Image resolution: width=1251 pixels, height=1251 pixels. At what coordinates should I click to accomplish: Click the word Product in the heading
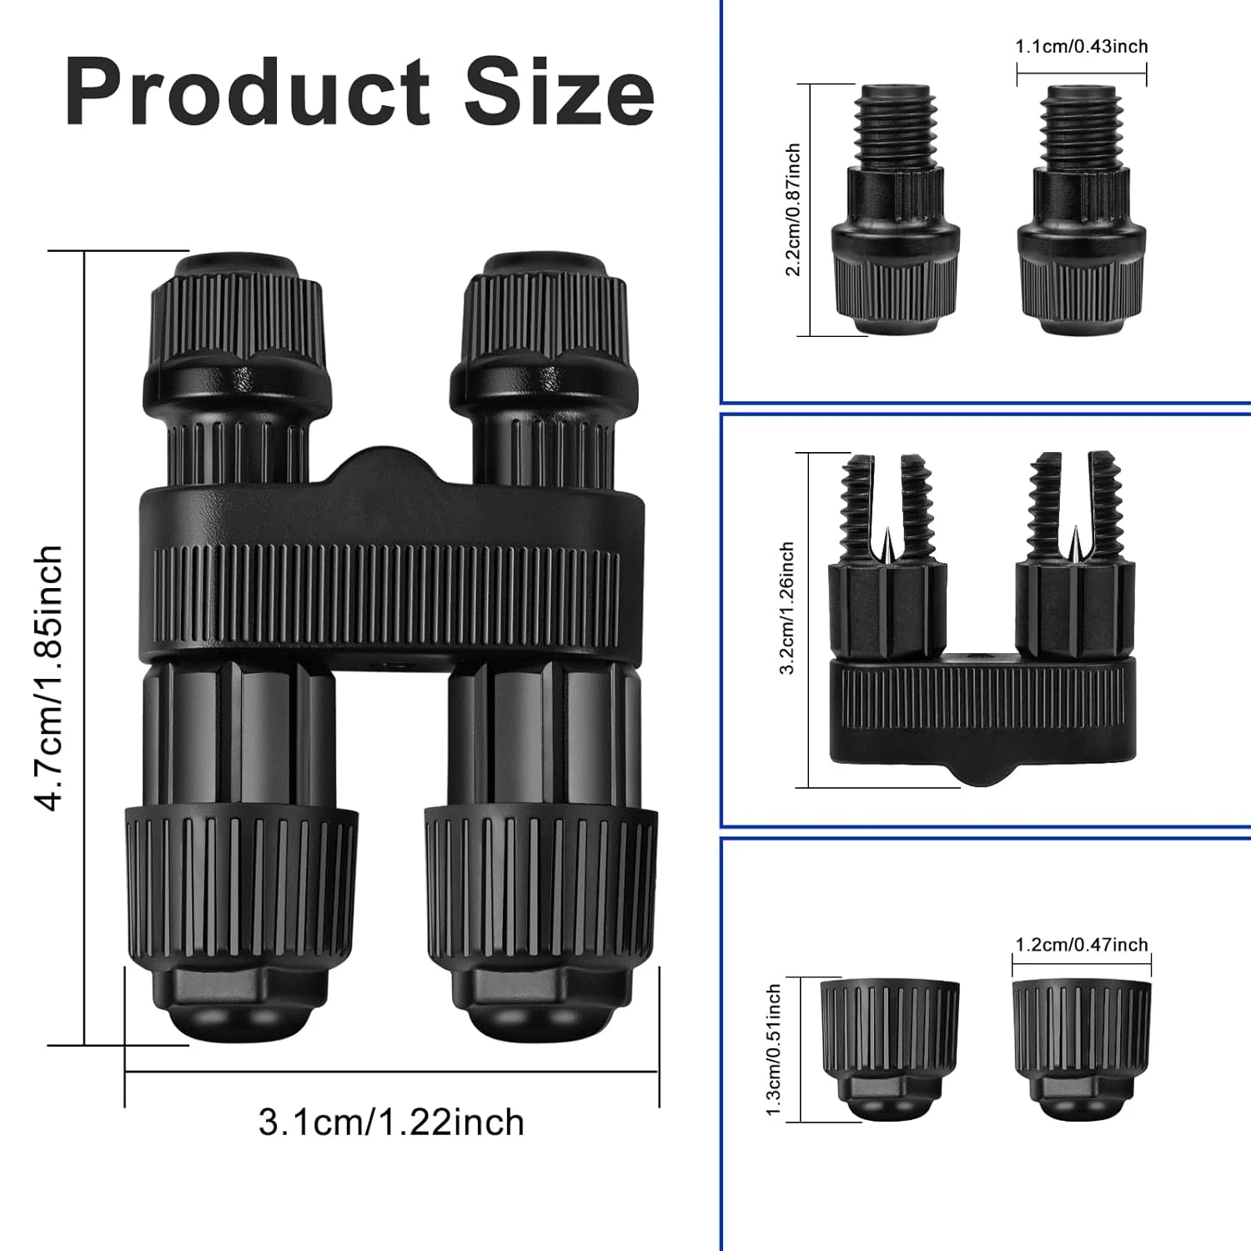pyautogui.click(x=248, y=93)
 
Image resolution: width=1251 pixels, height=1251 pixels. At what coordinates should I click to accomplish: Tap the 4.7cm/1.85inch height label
pyautogui.click(x=48, y=677)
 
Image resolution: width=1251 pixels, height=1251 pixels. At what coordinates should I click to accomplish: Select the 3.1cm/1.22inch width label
pyautogui.click(x=391, y=1123)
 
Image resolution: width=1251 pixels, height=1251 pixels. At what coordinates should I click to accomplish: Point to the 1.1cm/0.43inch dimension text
pyautogui.click(x=1082, y=46)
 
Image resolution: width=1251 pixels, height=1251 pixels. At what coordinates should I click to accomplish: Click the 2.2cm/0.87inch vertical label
pyautogui.click(x=792, y=209)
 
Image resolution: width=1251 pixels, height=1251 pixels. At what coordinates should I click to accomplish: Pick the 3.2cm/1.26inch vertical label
pyautogui.click(x=786, y=608)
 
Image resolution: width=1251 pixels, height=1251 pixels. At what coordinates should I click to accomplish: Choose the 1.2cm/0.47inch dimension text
pyautogui.click(x=1082, y=944)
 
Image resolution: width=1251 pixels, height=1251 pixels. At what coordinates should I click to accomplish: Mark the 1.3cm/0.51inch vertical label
pyautogui.click(x=773, y=1049)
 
